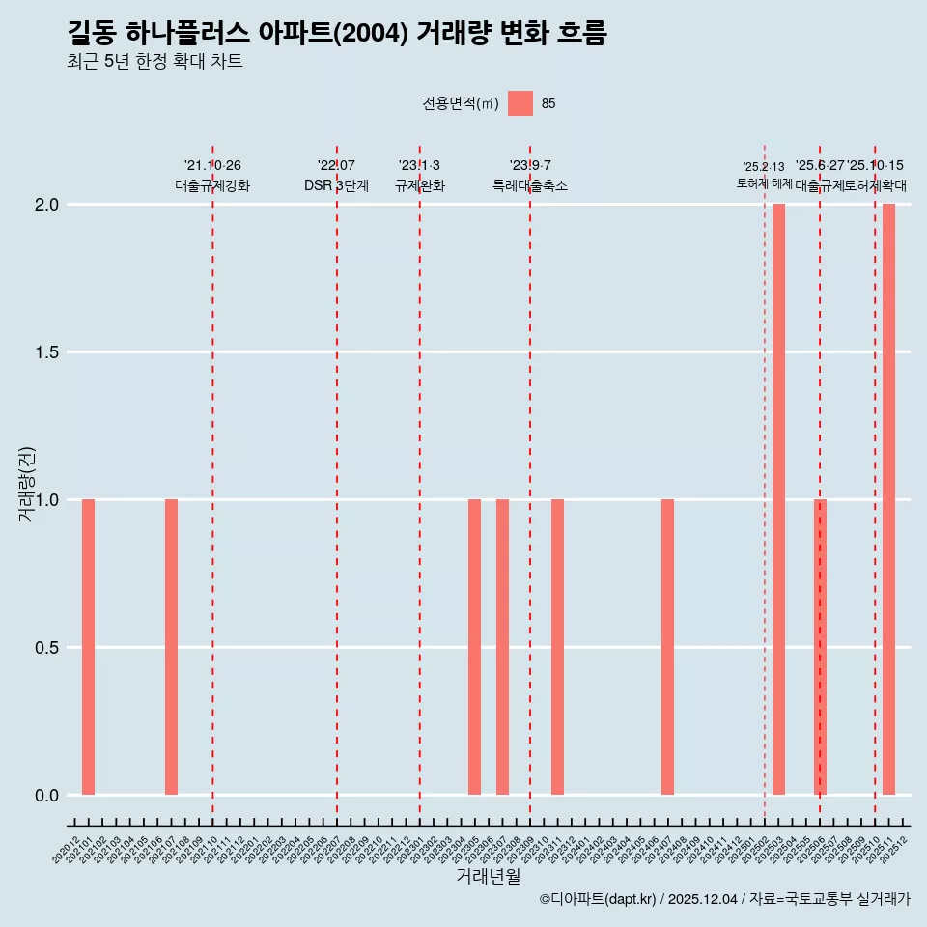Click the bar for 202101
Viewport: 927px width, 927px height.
pos(88,647)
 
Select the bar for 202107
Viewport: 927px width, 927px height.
pos(171,647)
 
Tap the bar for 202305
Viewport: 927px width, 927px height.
pos(474,647)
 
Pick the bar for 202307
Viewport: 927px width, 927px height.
pos(502,647)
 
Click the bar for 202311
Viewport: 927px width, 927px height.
pos(557,647)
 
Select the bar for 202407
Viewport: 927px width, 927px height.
pos(667,647)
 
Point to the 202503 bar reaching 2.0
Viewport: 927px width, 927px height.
pos(778,499)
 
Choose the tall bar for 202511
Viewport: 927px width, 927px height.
pos(888,499)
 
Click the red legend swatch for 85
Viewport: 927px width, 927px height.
pos(520,103)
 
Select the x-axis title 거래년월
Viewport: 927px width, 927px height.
pos(489,877)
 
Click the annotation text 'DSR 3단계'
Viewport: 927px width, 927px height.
pos(336,186)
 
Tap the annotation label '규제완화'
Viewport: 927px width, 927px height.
pos(419,186)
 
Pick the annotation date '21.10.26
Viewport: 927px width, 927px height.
pos(212,166)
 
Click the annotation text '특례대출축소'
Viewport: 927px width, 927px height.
pos(530,186)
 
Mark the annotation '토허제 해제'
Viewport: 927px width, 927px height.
pos(765,183)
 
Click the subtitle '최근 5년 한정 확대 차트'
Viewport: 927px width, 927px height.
pos(154,62)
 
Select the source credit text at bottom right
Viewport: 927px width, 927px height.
pos(724,899)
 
